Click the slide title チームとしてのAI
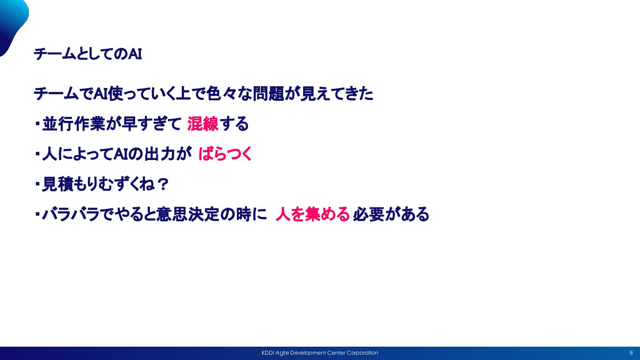pyautogui.click(x=88, y=54)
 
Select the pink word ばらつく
pyautogui.click(x=225, y=154)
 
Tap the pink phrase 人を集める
pyautogui.click(x=312, y=214)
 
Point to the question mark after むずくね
pyautogui.click(x=163, y=184)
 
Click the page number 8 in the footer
pyautogui.click(x=631, y=353)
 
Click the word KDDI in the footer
pyautogui.click(x=268, y=353)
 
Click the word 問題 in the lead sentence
pyautogui.click(x=268, y=93)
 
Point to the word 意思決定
pyautogui.click(x=188, y=214)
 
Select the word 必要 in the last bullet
pyautogui.click(x=368, y=214)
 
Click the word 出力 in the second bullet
pyautogui.click(x=160, y=154)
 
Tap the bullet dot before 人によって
pyautogui.click(x=37, y=154)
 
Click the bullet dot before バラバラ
pyautogui.click(x=37, y=214)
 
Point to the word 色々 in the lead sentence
pyautogui.click(x=220, y=93)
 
